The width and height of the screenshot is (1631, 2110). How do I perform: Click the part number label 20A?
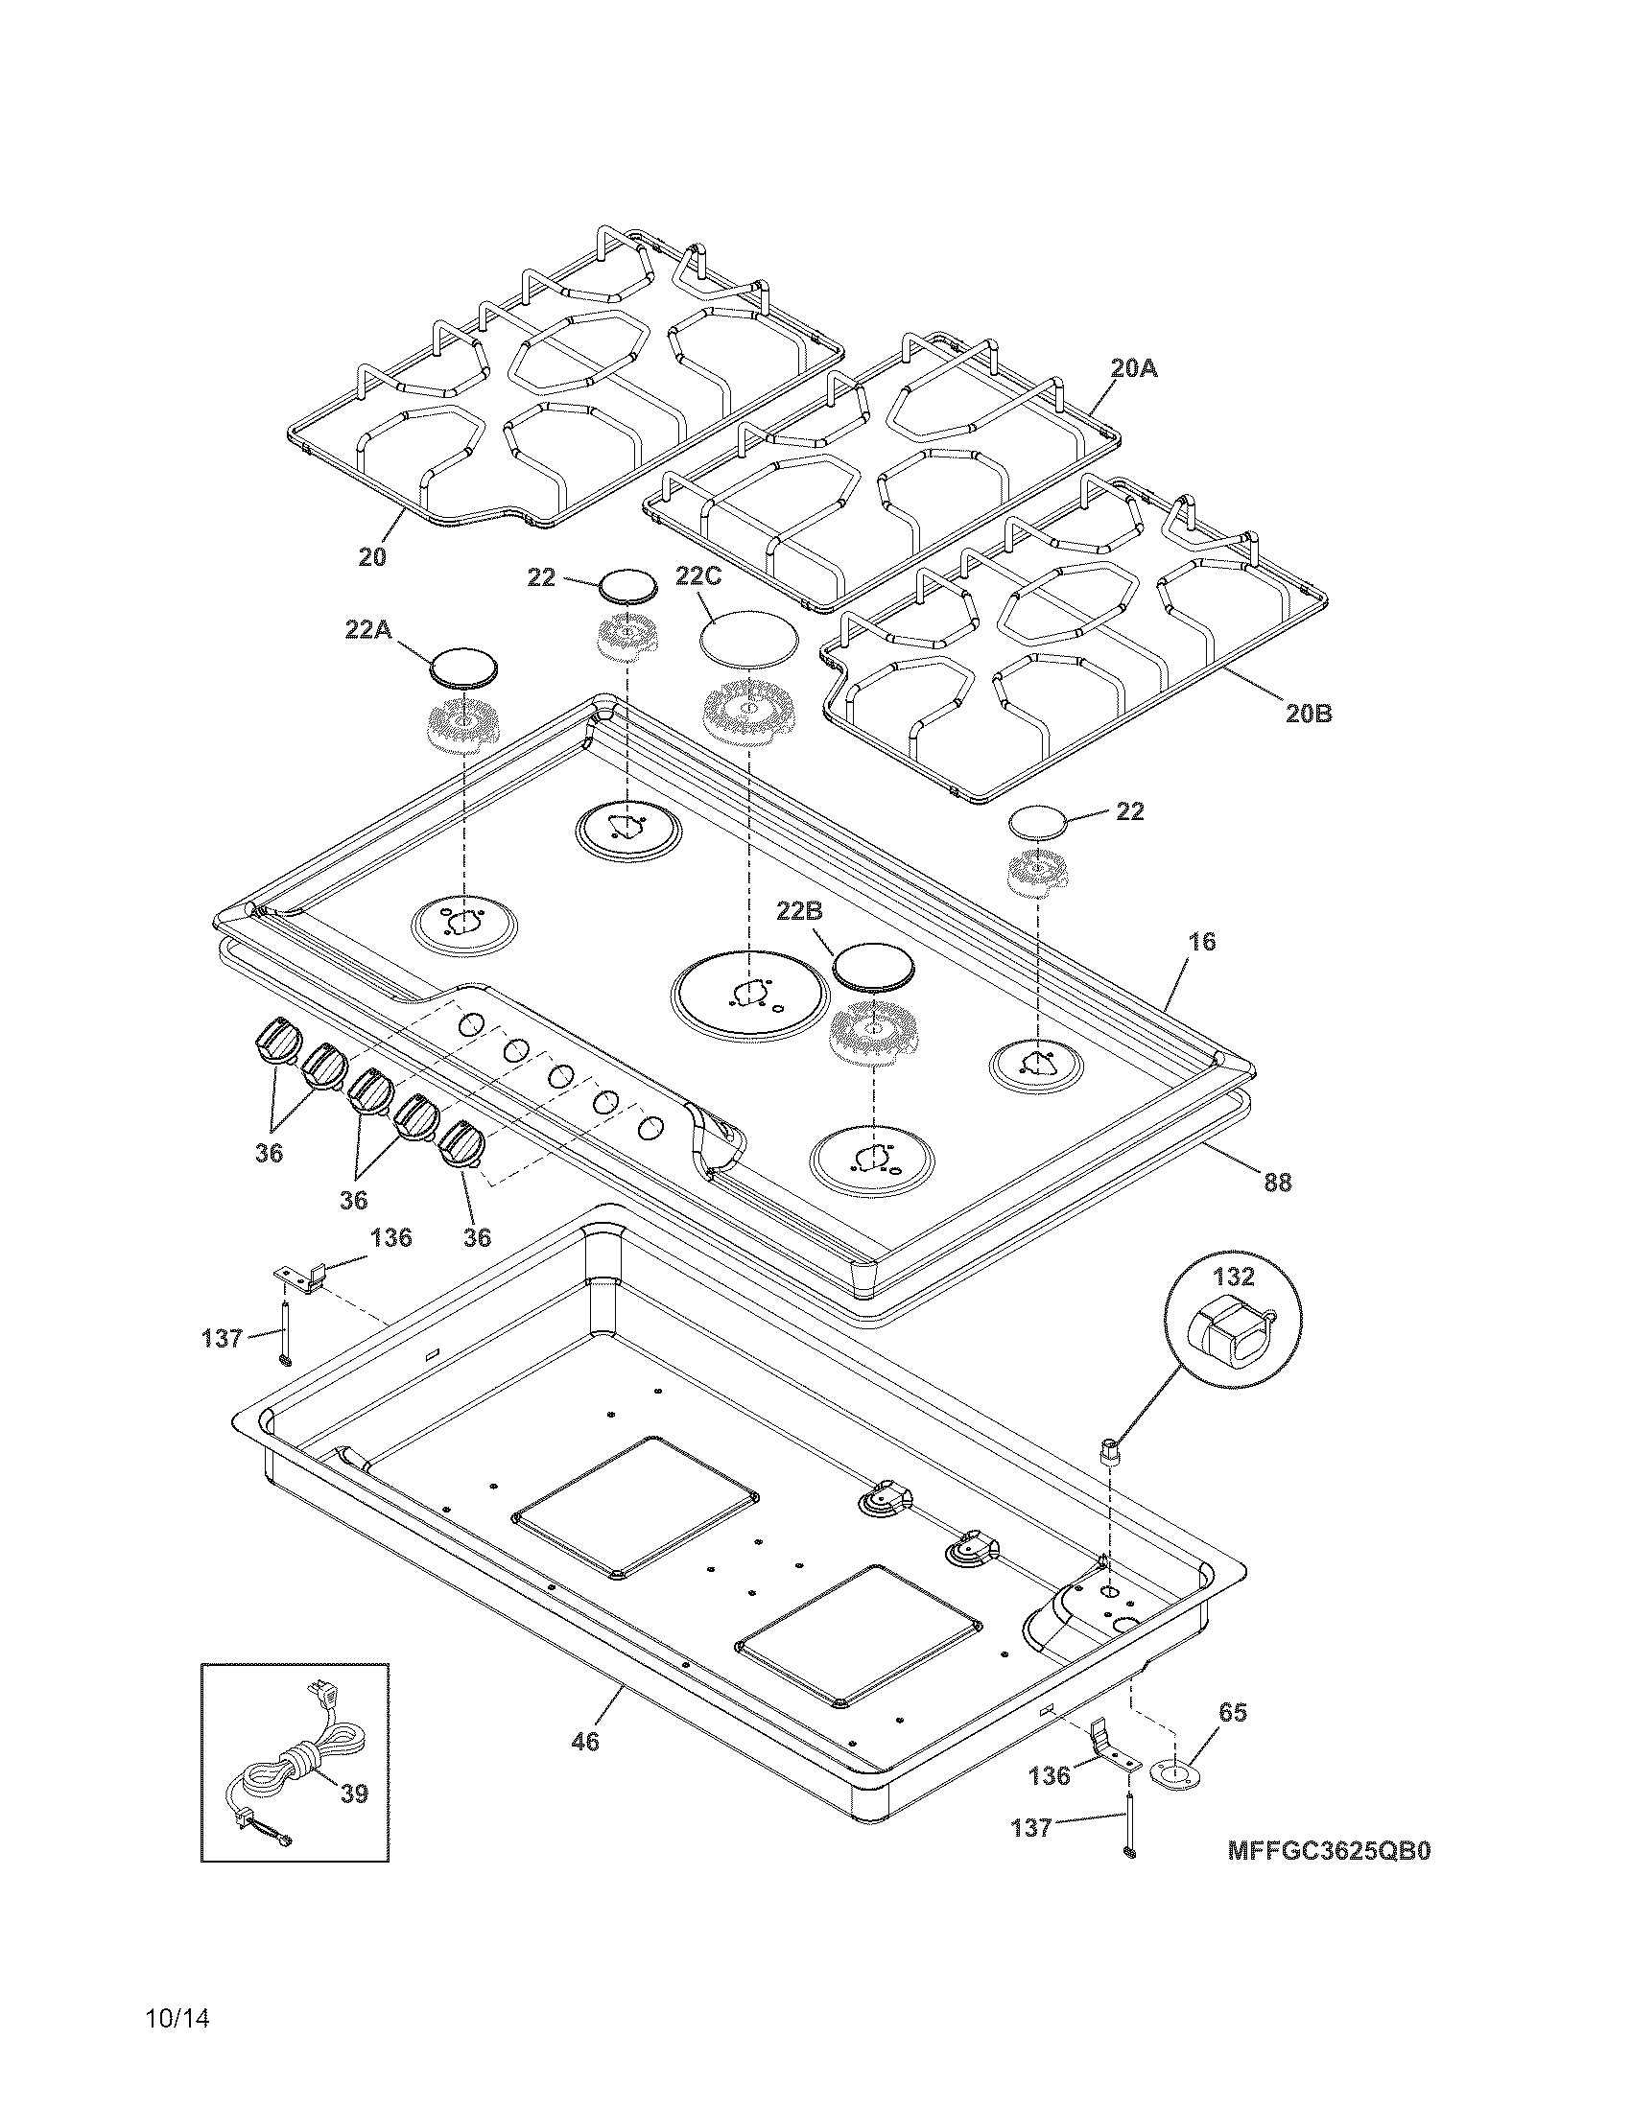tap(1133, 368)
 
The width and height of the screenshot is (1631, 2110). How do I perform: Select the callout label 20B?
tap(1309, 713)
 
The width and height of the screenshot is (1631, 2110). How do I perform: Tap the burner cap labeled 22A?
tap(463, 667)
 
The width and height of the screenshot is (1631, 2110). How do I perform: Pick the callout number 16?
tap(1201, 941)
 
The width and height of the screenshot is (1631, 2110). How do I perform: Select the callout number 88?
tap(1276, 1182)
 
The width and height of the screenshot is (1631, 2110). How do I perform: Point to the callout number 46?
tap(585, 1741)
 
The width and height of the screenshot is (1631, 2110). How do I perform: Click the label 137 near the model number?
tap(1031, 1828)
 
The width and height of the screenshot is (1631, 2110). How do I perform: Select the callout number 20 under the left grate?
tap(372, 556)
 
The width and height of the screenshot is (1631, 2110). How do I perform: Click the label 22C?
tap(697, 576)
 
